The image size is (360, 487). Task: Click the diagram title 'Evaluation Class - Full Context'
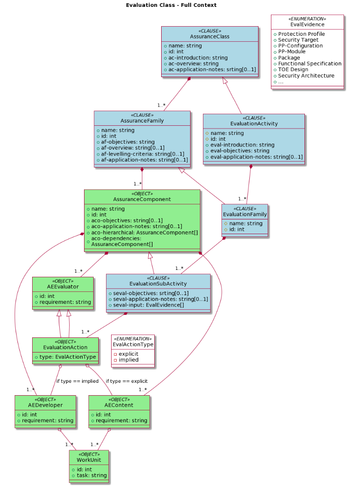click(171, 5)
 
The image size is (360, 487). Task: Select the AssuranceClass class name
click(209, 37)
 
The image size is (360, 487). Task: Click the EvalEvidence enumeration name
click(307, 24)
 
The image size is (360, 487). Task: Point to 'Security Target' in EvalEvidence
click(298, 40)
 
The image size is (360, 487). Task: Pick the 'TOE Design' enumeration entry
click(293, 70)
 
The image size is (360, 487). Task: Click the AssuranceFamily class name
click(142, 121)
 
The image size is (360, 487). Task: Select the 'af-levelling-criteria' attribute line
click(142, 154)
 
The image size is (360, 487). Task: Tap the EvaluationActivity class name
click(253, 123)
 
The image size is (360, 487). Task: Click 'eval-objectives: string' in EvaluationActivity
click(239, 151)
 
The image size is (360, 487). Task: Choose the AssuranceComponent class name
click(142, 199)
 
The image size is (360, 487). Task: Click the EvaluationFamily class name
click(245, 214)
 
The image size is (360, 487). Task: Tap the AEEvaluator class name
click(63, 286)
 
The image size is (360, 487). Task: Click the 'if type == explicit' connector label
click(127, 381)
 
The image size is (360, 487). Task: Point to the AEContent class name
click(119, 405)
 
